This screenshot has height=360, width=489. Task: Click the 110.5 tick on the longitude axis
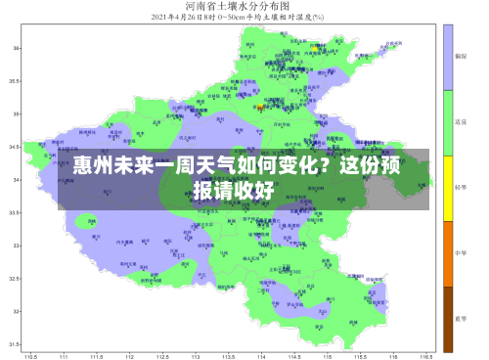click(x=30, y=354)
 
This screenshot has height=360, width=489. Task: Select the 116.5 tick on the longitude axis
click(x=426, y=354)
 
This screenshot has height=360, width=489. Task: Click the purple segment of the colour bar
click(x=449, y=57)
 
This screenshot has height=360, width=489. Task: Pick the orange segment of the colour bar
click(x=449, y=253)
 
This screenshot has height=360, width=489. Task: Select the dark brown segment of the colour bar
click(x=449, y=319)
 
